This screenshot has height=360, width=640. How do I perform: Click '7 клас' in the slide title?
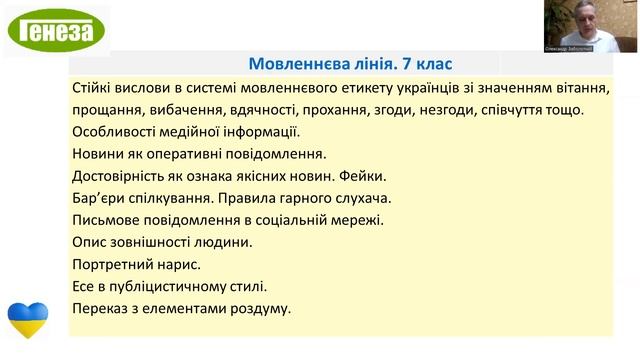(x=427, y=63)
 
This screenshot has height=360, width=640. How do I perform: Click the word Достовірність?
(x=124, y=176)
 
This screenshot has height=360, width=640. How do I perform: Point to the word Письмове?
(x=110, y=220)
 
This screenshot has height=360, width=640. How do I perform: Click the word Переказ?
(x=104, y=308)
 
